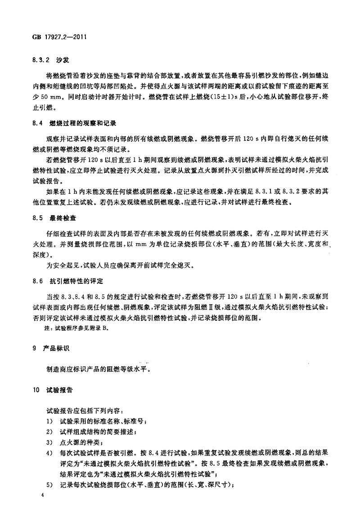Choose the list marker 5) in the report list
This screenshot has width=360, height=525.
pos(49,485)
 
